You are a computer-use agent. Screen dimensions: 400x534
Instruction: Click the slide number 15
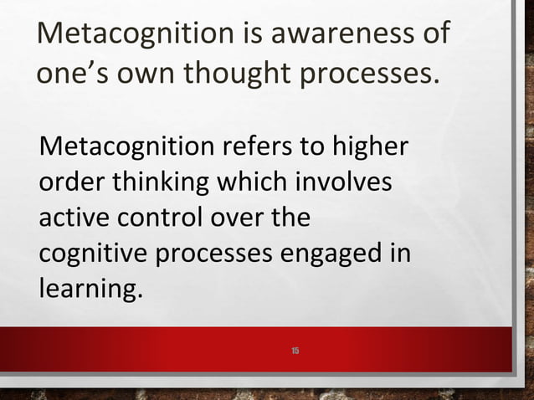pyautogui.click(x=295, y=348)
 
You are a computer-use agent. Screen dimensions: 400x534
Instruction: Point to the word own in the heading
pyautogui.click(x=146, y=75)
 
